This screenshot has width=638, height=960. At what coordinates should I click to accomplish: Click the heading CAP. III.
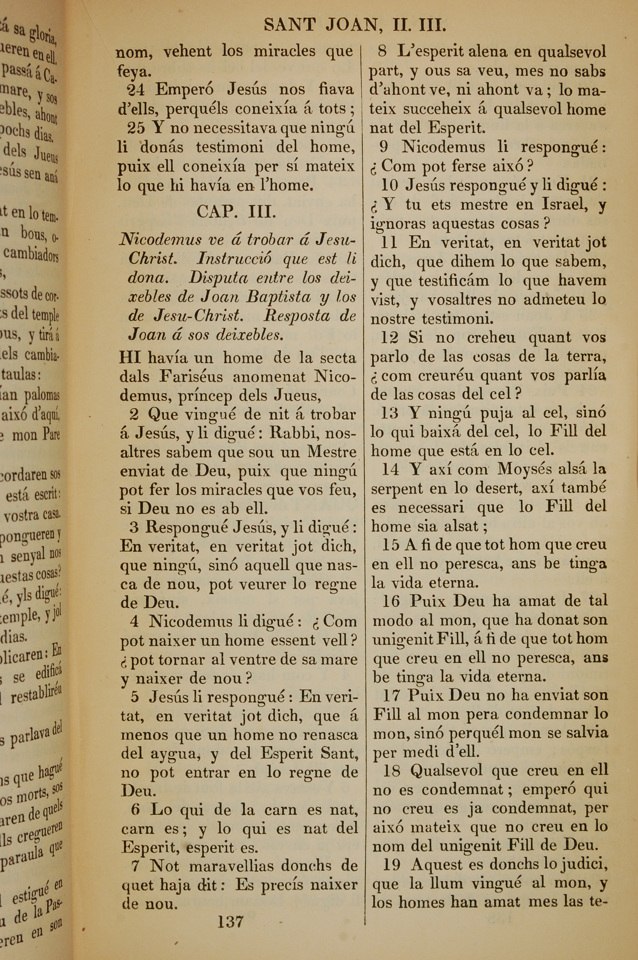[x=236, y=211]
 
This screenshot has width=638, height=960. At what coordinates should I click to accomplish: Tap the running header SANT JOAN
[x=321, y=25]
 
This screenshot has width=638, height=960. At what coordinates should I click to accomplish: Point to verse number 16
[x=391, y=601]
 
